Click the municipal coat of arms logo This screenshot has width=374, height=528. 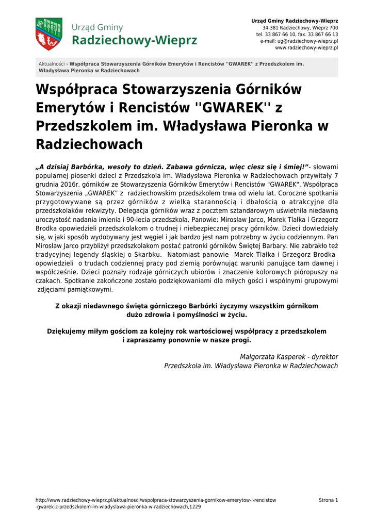click(49, 34)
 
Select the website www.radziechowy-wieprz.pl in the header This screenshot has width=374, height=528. click(306, 47)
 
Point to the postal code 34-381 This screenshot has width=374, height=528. click(270, 27)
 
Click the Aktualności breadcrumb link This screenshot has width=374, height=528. click(52, 64)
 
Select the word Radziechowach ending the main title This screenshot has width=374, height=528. click(89, 145)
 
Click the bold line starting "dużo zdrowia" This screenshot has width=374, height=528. click(187, 314)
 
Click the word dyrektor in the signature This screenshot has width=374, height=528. click(325, 357)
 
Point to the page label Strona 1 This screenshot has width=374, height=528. click(328, 500)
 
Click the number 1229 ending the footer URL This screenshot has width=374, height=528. click(195, 507)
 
